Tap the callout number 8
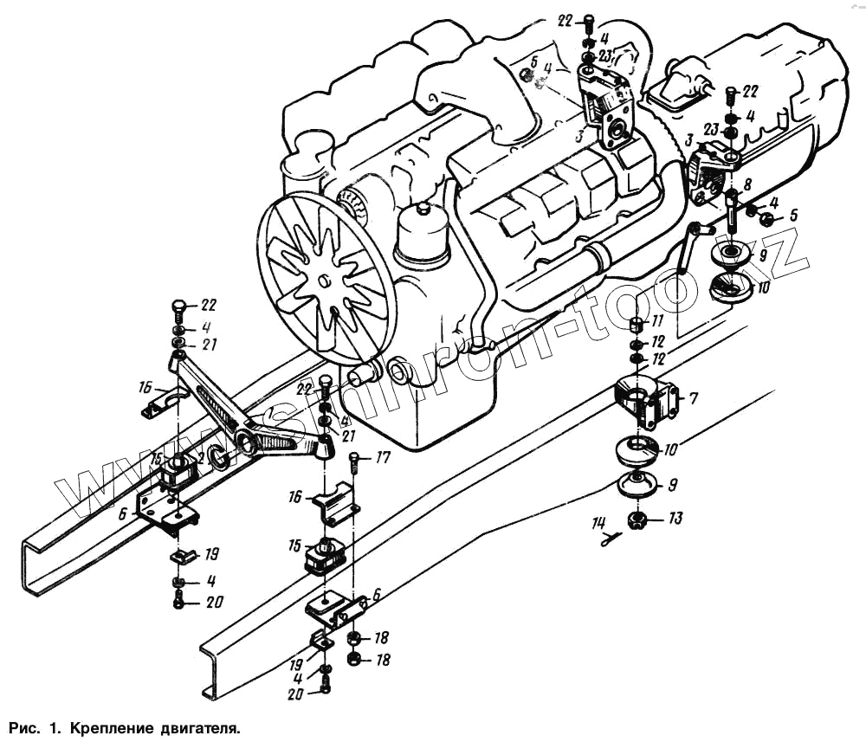747,184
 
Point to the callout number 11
658,321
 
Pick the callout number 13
675,519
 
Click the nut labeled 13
637,520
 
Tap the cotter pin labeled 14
611,539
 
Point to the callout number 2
200,456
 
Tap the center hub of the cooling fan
322,281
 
